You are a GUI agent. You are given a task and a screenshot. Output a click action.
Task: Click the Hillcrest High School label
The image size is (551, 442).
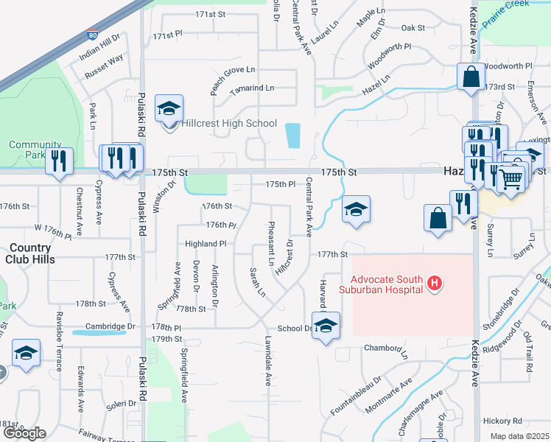228,124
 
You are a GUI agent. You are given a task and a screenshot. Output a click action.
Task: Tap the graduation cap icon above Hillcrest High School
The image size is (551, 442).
169,109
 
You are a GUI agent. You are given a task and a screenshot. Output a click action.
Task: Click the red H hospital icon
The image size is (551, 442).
435,282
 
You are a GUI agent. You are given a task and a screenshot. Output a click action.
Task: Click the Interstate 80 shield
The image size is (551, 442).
91,35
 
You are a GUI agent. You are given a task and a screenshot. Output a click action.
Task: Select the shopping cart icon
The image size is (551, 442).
510,178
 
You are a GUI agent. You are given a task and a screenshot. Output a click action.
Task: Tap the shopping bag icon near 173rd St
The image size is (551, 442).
471,77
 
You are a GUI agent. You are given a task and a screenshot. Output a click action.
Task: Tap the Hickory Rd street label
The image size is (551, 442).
503,421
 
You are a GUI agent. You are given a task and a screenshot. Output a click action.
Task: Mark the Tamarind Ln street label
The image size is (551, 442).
252,88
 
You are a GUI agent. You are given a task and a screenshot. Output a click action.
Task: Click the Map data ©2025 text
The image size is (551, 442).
519,436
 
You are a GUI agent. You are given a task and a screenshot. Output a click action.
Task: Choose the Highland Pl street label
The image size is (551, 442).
206,243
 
